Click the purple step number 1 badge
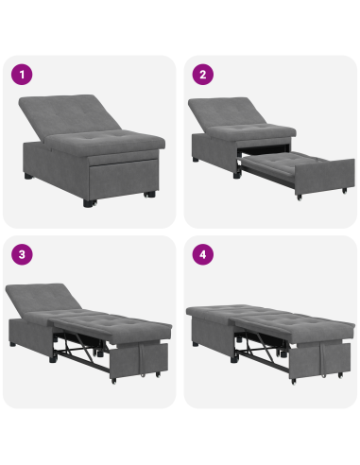pyautogui.click(x=20, y=74)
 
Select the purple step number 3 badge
pyautogui.click(x=20, y=253)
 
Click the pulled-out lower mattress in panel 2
pyautogui.click(x=283, y=167)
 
